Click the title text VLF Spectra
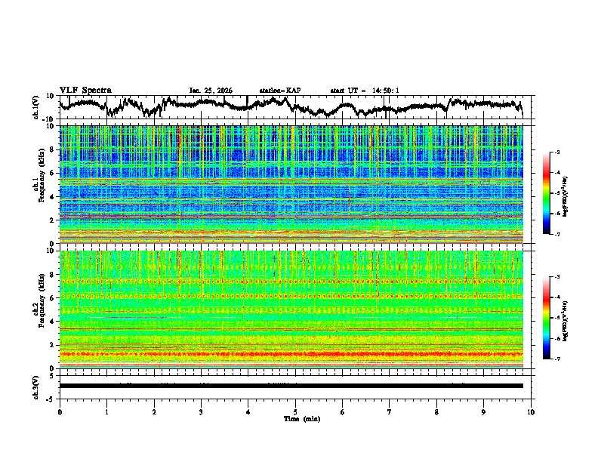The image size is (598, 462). click(85, 90)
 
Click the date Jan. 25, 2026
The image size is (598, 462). click(211, 91)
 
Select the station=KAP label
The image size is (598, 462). click(280, 91)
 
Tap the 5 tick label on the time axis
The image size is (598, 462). click(295, 411)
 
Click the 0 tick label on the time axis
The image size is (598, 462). click(60, 411)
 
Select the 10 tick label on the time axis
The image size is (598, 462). click(531, 411)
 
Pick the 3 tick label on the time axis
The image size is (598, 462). click(201, 411)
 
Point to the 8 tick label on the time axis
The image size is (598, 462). click(436, 411)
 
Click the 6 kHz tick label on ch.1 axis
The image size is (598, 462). click(52, 173)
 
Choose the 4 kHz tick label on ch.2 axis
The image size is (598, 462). click(52, 321)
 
